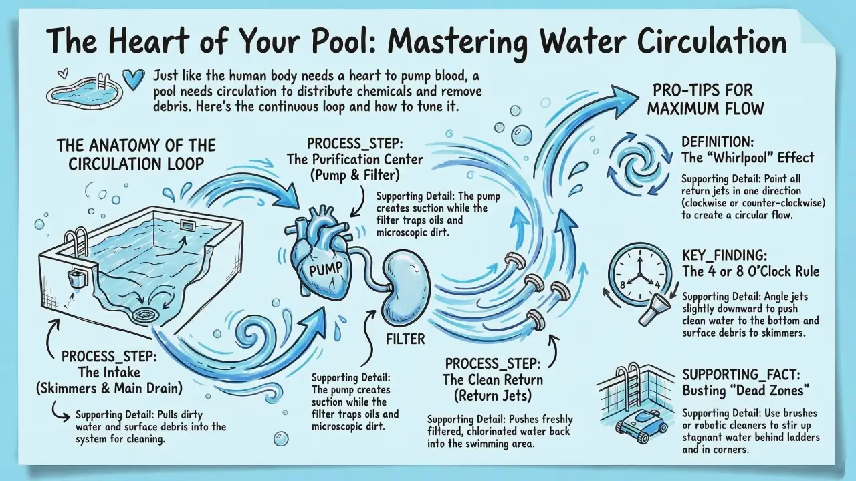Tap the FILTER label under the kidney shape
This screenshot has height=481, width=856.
(x=405, y=339)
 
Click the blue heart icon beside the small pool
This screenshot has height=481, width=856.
(x=134, y=79)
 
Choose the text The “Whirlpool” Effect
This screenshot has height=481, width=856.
(x=747, y=158)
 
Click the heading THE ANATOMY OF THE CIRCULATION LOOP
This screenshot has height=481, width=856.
(x=136, y=154)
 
